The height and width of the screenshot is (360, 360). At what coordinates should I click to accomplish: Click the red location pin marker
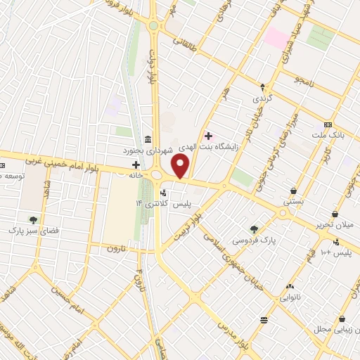181,167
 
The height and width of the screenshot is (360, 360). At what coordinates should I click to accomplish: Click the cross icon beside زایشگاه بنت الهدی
208,135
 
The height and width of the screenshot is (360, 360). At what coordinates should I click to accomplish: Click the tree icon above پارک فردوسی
255,229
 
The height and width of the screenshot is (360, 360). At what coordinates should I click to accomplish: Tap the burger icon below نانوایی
264,320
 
